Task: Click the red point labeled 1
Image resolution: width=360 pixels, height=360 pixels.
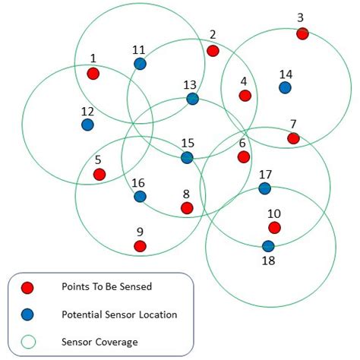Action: click(93, 74)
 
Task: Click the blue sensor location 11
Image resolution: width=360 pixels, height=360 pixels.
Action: click(140, 64)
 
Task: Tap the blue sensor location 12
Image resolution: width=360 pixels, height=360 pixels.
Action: click(87, 124)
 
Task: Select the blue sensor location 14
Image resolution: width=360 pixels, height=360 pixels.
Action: click(285, 87)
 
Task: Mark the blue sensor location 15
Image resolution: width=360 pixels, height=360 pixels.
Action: click(187, 157)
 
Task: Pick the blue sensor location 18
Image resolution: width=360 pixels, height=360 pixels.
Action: click(268, 246)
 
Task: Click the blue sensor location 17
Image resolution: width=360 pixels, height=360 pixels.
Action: click(264, 188)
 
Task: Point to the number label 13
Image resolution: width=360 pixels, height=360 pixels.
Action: click(190, 84)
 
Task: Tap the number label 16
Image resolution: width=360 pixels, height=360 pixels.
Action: click(138, 182)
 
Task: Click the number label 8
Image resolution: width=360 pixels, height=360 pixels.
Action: click(186, 194)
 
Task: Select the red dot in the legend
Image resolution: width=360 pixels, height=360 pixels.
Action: click(28, 288)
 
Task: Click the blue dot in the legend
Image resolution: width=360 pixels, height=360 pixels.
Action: click(28, 313)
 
